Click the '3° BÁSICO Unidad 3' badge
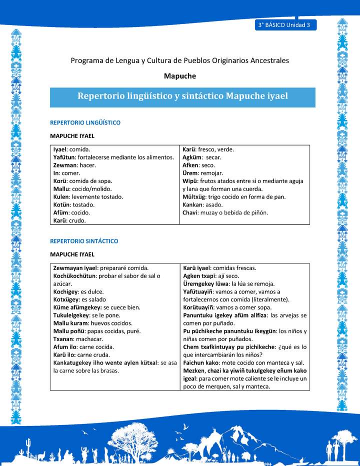point(285,24)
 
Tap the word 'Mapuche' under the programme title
point(180,76)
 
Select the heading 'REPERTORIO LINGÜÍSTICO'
point(85,122)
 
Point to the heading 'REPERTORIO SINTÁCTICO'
point(84,241)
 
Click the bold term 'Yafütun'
point(64,157)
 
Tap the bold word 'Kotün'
point(62,204)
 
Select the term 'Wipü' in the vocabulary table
point(189,181)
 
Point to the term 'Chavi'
point(190,212)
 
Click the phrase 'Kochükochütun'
point(76,276)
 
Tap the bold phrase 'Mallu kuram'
point(70,323)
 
